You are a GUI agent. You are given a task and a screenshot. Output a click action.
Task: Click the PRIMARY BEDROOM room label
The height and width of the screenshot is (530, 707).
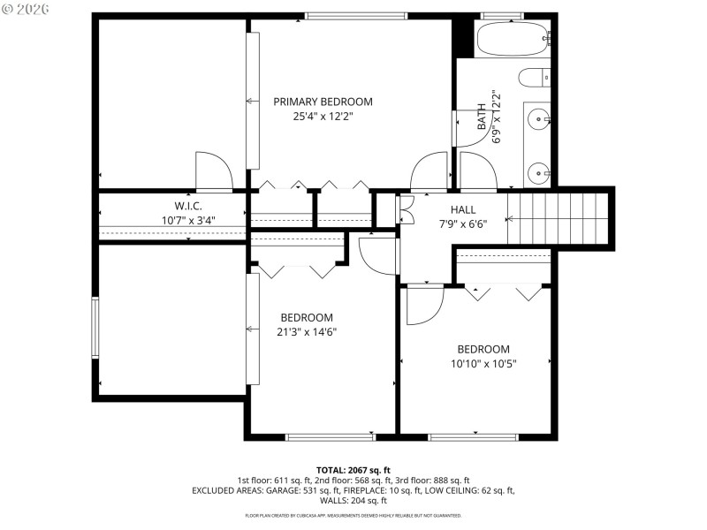pyautogui.click(x=322, y=102)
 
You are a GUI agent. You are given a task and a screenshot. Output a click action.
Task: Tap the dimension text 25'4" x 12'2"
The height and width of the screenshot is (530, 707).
pyautogui.click(x=322, y=116)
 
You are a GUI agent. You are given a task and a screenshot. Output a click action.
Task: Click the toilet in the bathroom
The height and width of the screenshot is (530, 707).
pyautogui.click(x=535, y=78)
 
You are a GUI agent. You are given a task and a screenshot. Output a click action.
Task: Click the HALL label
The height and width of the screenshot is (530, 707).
pyautogui.click(x=462, y=210)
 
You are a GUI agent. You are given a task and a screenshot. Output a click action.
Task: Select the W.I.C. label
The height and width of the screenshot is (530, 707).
pyautogui.click(x=188, y=207)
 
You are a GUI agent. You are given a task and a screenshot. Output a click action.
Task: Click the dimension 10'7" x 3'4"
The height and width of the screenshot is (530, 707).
pyautogui.click(x=188, y=221)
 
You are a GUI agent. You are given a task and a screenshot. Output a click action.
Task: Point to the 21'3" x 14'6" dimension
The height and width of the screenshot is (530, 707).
pyautogui.click(x=307, y=332)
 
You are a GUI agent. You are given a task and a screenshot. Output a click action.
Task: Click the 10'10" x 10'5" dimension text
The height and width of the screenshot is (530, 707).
pyautogui.click(x=483, y=363)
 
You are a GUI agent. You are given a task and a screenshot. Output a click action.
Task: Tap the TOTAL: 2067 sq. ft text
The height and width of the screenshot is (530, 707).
pyautogui.click(x=353, y=470)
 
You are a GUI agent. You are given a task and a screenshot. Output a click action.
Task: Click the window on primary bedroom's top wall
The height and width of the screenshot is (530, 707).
pyautogui.click(x=356, y=15)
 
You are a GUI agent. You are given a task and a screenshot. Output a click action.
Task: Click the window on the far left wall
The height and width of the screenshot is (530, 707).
pyautogui.click(x=95, y=328)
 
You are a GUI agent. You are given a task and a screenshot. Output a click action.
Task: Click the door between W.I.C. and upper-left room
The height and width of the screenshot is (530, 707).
pyautogui.click(x=213, y=172)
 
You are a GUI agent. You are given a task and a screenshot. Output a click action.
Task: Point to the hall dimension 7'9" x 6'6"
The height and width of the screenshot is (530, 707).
pyautogui.click(x=462, y=223)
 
